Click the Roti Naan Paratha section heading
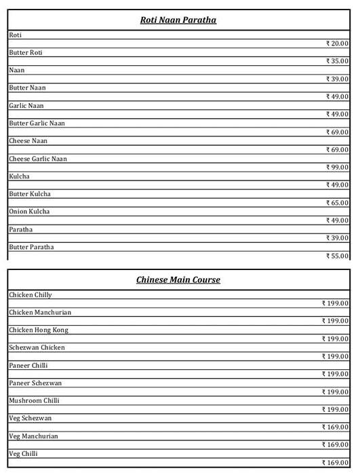click(178, 20)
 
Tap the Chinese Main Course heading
click(178, 280)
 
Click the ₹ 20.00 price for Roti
click(337, 43)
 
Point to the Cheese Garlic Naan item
click(38, 159)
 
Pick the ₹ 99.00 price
click(337, 167)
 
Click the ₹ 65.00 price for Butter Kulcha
click(337, 203)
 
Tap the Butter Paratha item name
click(31, 247)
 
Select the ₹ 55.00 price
click(337, 256)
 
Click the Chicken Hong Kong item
click(39, 330)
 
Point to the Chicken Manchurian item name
click(40, 312)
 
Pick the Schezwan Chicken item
click(37, 347)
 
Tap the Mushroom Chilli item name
click(35, 400)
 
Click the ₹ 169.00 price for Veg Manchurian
click(335, 444)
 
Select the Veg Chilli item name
click(23, 453)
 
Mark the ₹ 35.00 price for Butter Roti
click(337, 61)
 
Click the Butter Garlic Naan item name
click(37, 123)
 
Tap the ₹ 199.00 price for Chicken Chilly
click(335, 303)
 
